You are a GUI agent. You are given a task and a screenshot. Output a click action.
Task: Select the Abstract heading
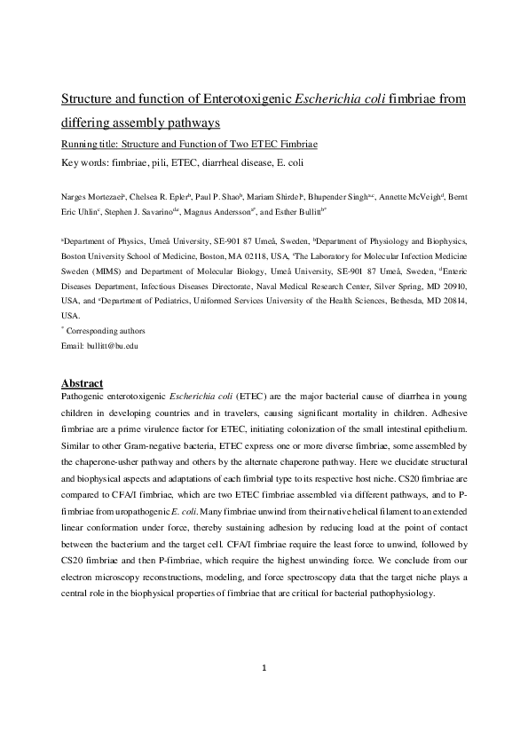(84, 382)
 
